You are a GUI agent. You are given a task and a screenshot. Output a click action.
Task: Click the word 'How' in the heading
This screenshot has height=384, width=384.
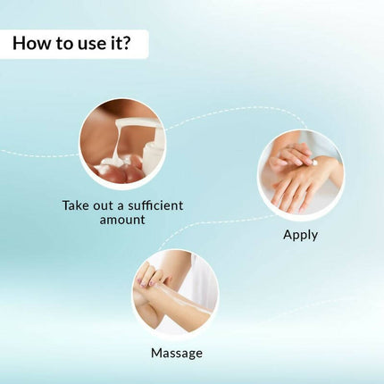[x=32, y=43]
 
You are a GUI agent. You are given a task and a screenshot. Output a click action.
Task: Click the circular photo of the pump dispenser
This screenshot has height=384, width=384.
[x=122, y=140]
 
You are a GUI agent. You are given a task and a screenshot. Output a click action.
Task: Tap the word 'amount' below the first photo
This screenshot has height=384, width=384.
[x=121, y=219]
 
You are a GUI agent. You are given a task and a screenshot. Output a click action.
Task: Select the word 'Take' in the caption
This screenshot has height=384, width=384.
[x=76, y=205]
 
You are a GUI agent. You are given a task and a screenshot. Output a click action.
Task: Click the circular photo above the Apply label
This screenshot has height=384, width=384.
[x=300, y=173]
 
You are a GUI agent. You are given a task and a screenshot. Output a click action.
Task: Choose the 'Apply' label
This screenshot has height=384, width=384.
[x=300, y=235]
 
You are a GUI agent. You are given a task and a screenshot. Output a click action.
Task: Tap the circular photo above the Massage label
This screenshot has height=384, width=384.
[x=176, y=292]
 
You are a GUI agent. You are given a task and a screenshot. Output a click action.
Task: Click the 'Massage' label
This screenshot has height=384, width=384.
[x=176, y=353]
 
